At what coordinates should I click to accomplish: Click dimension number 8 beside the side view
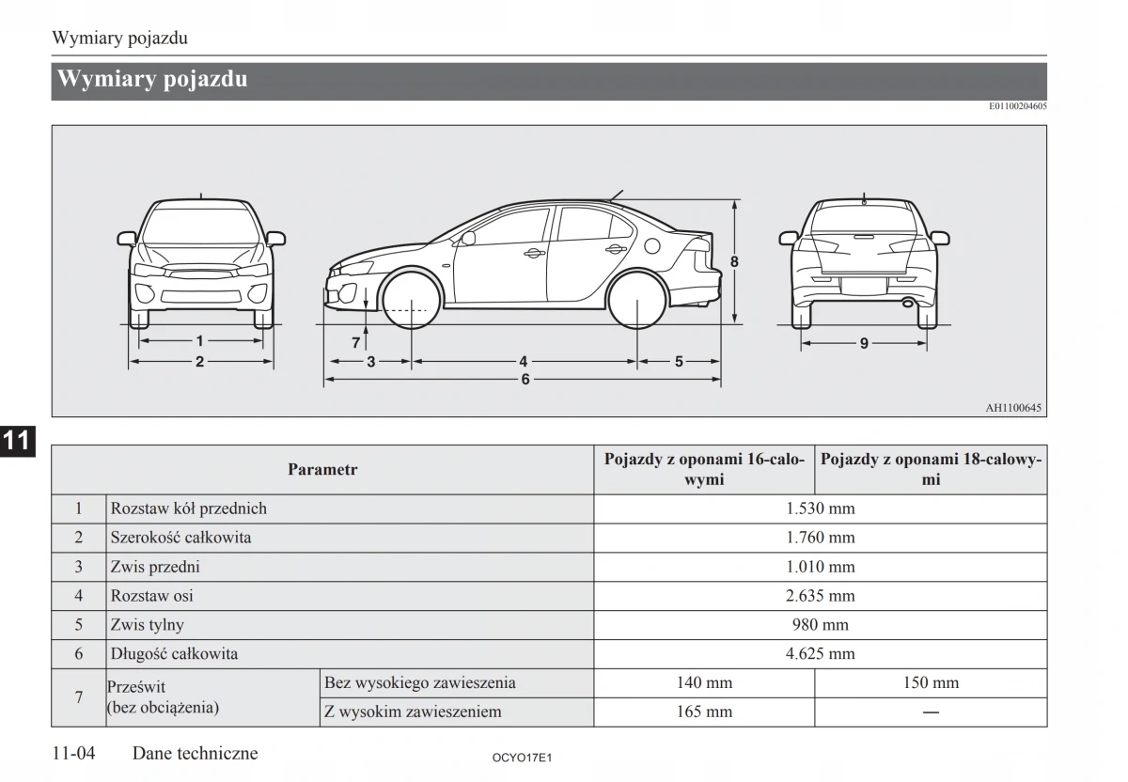coord(735,261)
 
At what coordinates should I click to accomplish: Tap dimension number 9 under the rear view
coord(864,343)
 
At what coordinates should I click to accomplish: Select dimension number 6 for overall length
coord(525,380)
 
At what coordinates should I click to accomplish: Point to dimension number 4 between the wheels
coord(524,361)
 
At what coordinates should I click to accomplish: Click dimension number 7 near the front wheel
coord(356,343)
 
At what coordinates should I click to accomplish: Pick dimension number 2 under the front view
coord(199,361)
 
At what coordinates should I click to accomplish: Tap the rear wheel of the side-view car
coord(637,299)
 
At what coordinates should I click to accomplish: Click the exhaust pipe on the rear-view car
coord(908,303)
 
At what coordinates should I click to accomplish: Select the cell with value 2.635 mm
coord(820,596)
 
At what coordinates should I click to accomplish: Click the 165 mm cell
coord(704,712)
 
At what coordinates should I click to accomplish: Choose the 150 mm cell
coord(931,683)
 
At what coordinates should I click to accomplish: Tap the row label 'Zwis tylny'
coord(148,625)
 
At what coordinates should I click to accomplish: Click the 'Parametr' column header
coord(322,469)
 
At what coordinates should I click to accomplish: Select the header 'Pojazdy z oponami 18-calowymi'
coord(931,469)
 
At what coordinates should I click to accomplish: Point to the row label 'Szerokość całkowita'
coord(180,539)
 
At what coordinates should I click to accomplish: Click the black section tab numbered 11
coord(17,440)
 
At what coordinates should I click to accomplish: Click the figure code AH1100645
coord(1013,408)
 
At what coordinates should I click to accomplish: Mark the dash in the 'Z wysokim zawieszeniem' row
coord(931,712)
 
